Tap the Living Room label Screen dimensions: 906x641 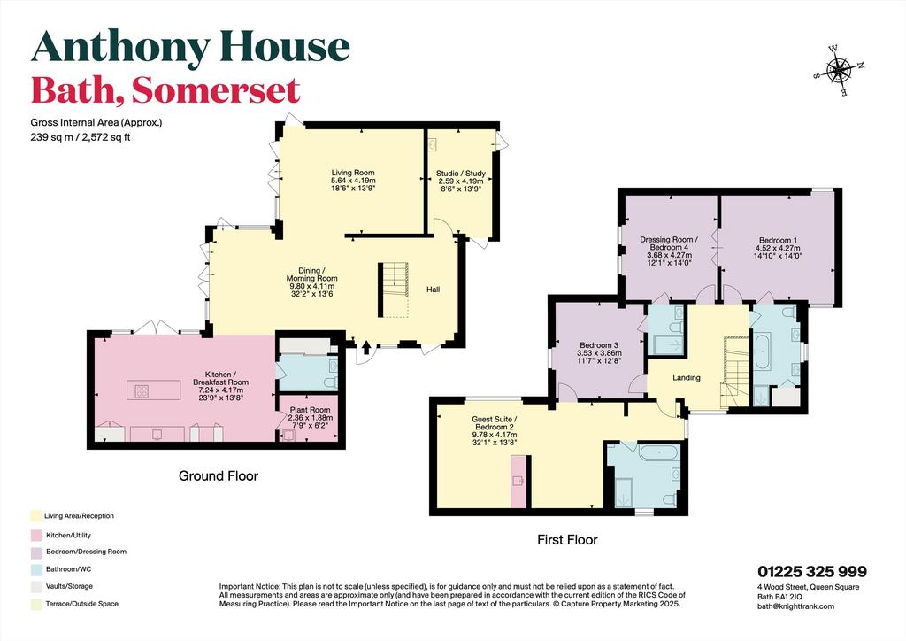353,173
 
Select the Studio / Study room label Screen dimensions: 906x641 460,174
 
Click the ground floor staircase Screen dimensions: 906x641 394,290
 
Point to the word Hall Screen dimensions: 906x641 434,289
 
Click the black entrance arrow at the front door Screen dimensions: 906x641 366,347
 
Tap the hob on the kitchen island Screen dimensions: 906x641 142,391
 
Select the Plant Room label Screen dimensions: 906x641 311,410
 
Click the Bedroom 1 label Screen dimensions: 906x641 779,240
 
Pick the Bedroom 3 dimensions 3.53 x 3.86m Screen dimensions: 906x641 598,353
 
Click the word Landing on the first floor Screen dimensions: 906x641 687,377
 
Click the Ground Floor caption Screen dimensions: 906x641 219,475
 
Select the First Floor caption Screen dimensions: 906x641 567,540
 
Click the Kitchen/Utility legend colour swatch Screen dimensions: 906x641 36,536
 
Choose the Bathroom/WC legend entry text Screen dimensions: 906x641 69,569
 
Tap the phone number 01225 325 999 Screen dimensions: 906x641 812,572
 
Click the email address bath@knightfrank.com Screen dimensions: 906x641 795,606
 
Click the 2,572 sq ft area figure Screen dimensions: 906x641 107,137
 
